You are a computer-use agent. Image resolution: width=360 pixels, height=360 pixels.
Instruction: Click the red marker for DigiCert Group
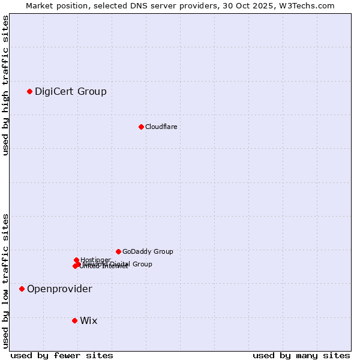pyautogui.click(x=29, y=91)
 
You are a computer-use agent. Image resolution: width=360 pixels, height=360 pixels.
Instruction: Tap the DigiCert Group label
pyautogui.click(x=71, y=92)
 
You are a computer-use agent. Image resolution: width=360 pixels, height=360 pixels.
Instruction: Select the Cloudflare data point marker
pyautogui.click(x=141, y=127)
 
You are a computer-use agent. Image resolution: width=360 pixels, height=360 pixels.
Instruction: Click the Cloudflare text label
pyautogui.click(x=161, y=127)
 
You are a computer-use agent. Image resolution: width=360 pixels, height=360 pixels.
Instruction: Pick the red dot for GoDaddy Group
pyautogui.click(x=118, y=251)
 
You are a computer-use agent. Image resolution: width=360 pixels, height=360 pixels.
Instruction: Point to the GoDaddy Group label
pyautogui.click(x=148, y=251)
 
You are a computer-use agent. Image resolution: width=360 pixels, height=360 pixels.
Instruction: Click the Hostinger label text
pyautogui.click(x=95, y=260)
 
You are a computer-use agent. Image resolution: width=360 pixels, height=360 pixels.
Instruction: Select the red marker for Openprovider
pyautogui.click(x=22, y=289)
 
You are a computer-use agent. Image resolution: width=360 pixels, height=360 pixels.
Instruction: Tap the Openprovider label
pyautogui.click(x=59, y=289)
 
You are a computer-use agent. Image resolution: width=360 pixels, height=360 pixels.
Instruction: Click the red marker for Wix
pyautogui.click(x=74, y=320)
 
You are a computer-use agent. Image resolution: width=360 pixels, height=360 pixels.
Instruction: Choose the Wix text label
pyautogui.click(x=88, y=321)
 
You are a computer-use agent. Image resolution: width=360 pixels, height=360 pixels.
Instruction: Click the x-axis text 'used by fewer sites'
pyautogui.click(x=62, y=355)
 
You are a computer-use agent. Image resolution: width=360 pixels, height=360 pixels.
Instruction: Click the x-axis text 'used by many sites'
pyautogui.click(x=301, y=355)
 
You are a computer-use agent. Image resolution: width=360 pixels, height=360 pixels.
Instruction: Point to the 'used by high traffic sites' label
pyautogui.click(x=5, y=85)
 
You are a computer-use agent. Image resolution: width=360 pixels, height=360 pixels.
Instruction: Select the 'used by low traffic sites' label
pyautogui.click(x=5, y=280)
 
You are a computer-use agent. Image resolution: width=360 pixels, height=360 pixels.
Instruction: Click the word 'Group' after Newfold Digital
pyautogui.click(x=143, y=264)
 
